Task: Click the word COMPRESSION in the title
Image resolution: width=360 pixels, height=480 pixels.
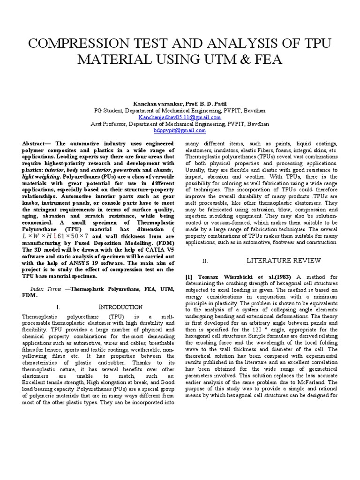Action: pos(81,45)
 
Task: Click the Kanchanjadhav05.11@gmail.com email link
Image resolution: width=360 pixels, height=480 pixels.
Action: pos(180,117)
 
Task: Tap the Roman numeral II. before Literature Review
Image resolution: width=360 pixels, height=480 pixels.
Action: pos(205,261)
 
